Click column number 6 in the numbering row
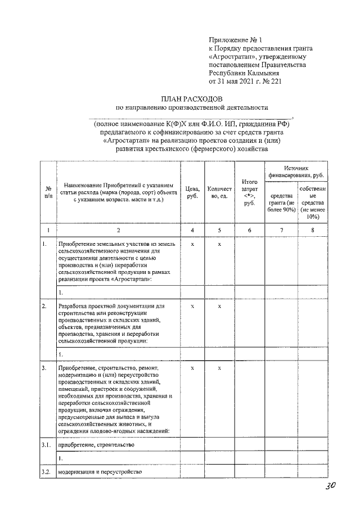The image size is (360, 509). pyautogui.click(x=249, y=231)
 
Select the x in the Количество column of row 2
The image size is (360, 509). pyautogui.click(x=219, y=307)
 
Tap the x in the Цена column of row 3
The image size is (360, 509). pyautogui.click(x=192, y=368)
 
